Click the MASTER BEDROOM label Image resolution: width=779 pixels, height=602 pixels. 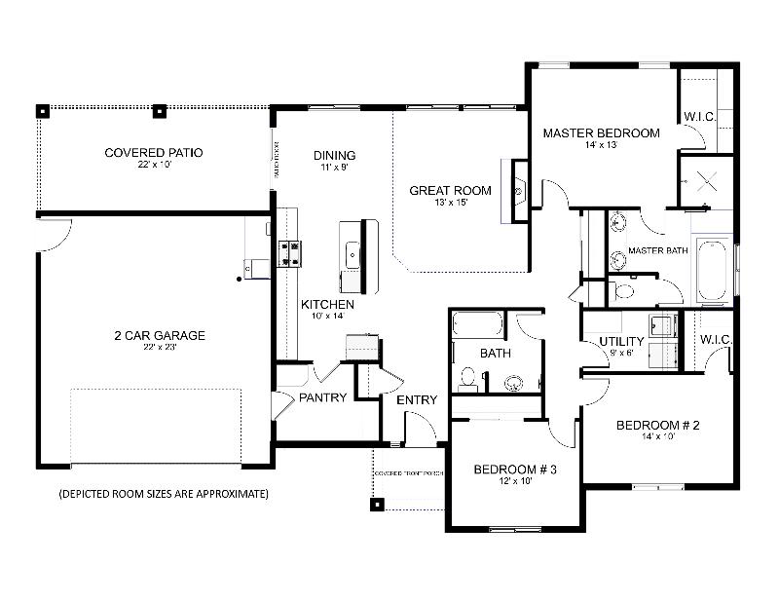601,133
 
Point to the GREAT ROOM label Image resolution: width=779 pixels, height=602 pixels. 450,191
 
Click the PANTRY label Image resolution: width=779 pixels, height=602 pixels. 322,397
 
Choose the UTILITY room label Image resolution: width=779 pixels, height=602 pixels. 621,341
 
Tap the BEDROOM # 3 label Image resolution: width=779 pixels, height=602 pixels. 514,470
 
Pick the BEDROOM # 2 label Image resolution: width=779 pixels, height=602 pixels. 658,426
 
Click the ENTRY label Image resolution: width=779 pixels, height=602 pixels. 417,399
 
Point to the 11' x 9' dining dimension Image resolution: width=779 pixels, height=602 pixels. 334,168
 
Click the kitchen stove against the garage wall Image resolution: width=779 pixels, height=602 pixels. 289,253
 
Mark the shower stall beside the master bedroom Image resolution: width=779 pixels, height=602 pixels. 706,180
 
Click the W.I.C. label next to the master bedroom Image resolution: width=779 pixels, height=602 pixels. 699,117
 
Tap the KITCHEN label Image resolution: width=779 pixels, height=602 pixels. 327,305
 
